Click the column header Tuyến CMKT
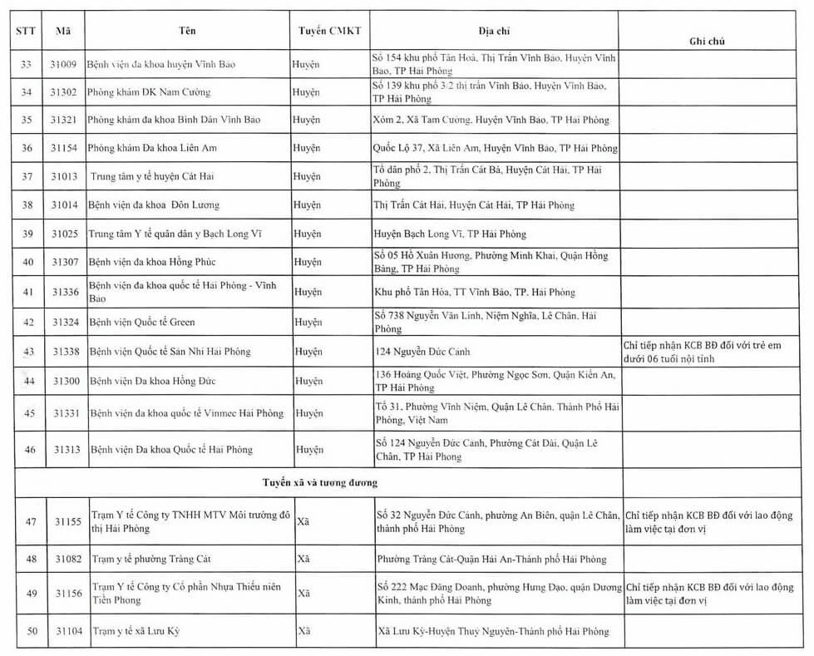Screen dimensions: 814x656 coord(330,31)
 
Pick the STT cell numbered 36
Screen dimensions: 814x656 coord(27,148)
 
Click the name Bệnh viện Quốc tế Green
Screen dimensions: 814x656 coord(142,322)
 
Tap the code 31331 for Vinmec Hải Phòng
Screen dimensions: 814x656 coord(67,413)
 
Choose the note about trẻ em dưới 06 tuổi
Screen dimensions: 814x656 coord(703,352)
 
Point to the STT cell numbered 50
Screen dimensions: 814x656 coord(32,631)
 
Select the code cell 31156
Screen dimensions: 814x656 coord(67,594)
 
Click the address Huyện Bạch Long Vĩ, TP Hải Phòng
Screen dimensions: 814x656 coord(450,234)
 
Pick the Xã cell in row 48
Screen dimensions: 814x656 coord(304,559)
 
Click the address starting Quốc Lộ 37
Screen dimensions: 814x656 coord(496,148)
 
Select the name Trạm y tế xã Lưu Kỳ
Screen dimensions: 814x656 coord(136,631)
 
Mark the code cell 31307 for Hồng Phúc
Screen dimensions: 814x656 coord(65,262)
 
